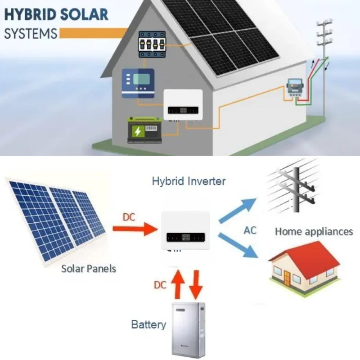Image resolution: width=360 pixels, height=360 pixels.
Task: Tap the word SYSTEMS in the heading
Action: point(31,33)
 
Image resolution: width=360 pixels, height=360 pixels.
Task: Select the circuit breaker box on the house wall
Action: point(152,44)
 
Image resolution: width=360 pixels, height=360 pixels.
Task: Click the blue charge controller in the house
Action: point(138,83)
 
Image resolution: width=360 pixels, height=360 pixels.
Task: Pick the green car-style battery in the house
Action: point(144,130)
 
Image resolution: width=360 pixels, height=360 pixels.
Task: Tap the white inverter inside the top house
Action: point(183,105)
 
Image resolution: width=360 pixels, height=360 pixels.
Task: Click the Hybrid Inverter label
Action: point(189,181)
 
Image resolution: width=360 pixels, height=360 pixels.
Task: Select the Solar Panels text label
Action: point(89,269)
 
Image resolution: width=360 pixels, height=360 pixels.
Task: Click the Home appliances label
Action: point(314,231)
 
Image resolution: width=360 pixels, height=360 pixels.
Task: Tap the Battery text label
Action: point(148,324)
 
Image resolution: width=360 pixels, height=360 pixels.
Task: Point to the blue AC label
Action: point(250,230)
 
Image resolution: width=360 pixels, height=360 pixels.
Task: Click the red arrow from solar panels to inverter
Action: point(135,229)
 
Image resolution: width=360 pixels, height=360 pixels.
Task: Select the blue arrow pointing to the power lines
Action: point(238,211)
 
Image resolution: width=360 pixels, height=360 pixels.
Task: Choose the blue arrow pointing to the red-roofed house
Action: point(238,245)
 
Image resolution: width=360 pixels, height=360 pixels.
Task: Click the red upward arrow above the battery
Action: point(178,284)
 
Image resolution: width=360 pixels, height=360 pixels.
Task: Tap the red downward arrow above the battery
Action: point(196,285)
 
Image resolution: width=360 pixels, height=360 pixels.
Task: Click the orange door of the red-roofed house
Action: point(287,278)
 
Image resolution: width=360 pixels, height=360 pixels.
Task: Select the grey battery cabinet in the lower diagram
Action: point(189,330)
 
